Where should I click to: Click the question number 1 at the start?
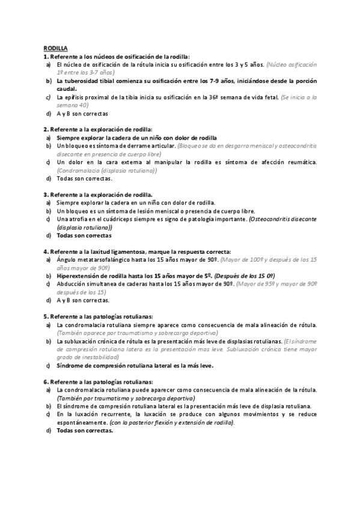pyautogui.click(x=45, y=55)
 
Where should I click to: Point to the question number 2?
pyautogui.click(x=45, y=129)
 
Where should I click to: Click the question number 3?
pyautogui.click(x=45, y=195)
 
